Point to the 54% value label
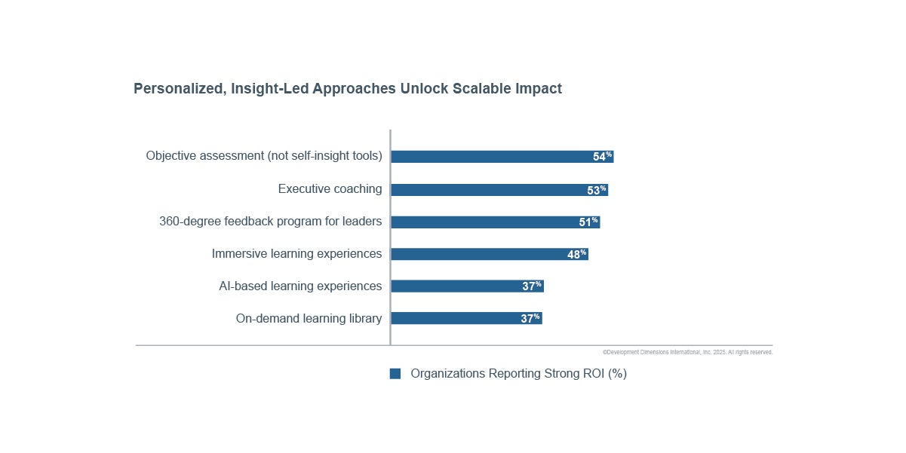click(x=602, y=157)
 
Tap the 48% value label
click(x=576, y=255)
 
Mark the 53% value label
click(x=597, y=190)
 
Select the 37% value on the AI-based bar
click(x=532, y=286)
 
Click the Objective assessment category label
click(x=264, y=156)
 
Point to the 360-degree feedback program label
click(x=270, y=222)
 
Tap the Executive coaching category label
click(x=330, y=189)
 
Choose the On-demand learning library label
click(x=309, y=319)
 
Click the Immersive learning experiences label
click(x=296, y=254)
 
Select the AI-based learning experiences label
click(x=300, y=286)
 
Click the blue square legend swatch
click(x=395, y=374)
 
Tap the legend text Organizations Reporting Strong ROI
click(x=518, y=374)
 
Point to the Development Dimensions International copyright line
click(x=687, y=352)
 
